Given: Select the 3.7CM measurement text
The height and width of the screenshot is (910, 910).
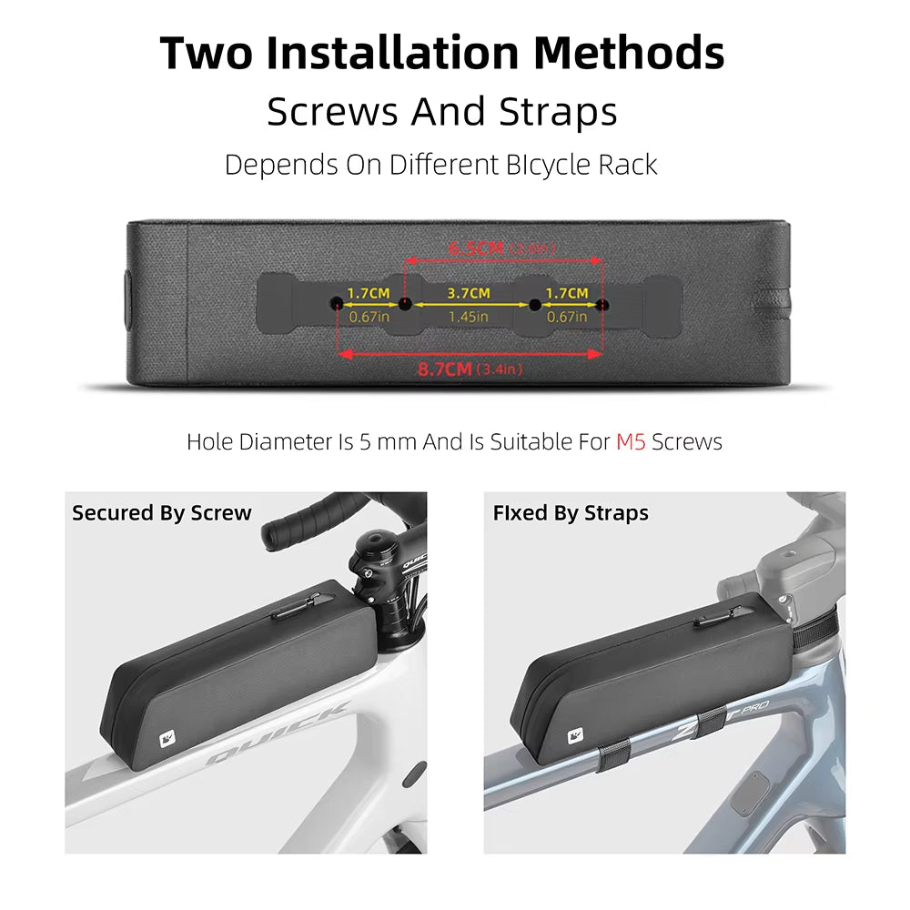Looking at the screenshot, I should (468, 293).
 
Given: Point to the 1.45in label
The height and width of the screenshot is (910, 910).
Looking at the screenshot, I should (468, 317).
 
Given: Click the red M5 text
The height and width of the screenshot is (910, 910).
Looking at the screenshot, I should (631, 442).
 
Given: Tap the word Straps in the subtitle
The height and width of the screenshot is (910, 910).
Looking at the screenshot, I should (558, 112).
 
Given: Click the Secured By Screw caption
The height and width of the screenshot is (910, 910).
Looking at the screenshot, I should (161, 513).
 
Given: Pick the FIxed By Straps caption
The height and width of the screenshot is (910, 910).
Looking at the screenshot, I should (571, 513).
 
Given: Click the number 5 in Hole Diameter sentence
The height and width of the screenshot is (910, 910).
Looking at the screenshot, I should (364, 442).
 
